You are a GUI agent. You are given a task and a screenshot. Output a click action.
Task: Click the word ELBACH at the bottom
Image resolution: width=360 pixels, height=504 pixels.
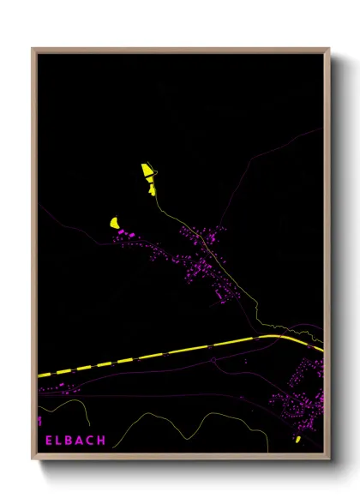pyautogui.click(x=75, y=441)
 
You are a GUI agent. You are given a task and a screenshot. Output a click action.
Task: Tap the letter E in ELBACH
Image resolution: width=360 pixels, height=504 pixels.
pyautogui.click(x=49, y=441)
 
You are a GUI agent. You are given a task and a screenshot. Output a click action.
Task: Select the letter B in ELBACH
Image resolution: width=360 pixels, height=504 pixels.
pyautogui.click(x=69, y=441)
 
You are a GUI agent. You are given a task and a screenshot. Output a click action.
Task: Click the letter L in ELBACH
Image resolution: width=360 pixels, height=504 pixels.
pyautogui.click(x=59, y=441)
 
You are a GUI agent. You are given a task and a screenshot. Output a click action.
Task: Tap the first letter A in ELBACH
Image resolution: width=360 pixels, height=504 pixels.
pyautogui.click(x=80, y=441)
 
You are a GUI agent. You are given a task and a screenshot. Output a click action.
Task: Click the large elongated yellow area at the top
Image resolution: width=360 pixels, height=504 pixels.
pyautogui.click(x=147, y=175)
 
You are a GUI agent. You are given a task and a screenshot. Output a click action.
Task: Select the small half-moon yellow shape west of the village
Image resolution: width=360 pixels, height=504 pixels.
pyautogui.click(x=114, y=223)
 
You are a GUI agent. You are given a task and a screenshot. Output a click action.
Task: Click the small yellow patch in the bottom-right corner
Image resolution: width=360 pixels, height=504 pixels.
pyautogui.click(x=297, y=440)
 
